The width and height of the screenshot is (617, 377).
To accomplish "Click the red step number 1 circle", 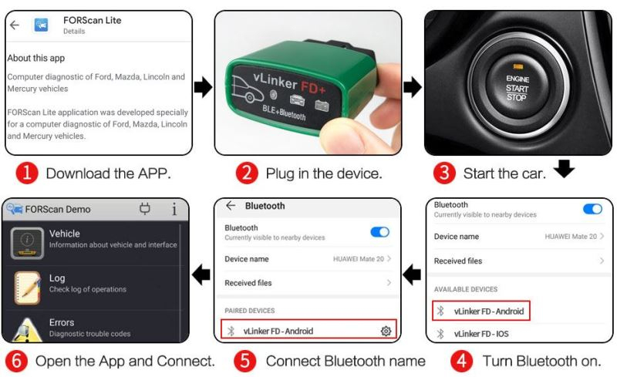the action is click(x=27, y=173).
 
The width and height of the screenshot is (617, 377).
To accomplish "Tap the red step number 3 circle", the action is click(x=444, y=173).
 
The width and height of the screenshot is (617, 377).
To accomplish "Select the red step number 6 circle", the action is click(x=16, y=361).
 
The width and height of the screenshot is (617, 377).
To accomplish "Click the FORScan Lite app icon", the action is click(x=42, y=25).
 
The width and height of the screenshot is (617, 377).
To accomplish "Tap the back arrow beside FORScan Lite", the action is click(x=15, y=25).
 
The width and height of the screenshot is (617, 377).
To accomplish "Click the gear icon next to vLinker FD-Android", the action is click(x=386, y=331).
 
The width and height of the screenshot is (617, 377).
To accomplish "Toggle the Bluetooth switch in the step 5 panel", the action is click(x=379, y=232).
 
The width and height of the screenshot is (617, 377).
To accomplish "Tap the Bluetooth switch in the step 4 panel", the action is click(x=592, y=209).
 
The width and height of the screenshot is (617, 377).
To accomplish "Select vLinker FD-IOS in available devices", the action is click(x=480, y=334).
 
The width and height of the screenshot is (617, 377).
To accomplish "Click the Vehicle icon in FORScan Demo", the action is click(x=27, y=243).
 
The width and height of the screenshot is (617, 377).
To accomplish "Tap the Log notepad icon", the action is click(x=27, y=288).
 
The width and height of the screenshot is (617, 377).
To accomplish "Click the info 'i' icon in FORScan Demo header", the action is click(x=174, y=209).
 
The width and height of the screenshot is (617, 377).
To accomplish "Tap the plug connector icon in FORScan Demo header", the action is click(x=145, y=209).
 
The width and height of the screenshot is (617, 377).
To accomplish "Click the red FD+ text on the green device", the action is click(x=313, y=87).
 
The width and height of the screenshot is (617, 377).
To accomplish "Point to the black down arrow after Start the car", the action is click(x=565, y=168).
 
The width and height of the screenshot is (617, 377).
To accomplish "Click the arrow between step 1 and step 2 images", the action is click(x=204, y=87).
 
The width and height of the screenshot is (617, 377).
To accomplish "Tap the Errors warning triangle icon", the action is click(x=27, y=330).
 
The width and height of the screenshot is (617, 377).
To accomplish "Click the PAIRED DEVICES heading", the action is click(x=249, y=311).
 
